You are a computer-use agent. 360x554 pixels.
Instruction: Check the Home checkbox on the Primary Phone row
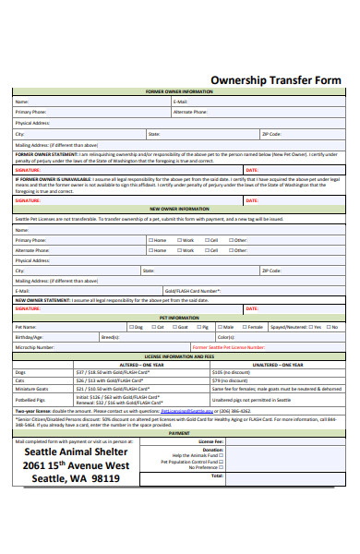[x=150, y=240]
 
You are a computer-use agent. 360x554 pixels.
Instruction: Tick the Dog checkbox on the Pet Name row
[x=130, y=327]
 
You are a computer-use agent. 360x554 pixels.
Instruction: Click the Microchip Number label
[x=34, y=347]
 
